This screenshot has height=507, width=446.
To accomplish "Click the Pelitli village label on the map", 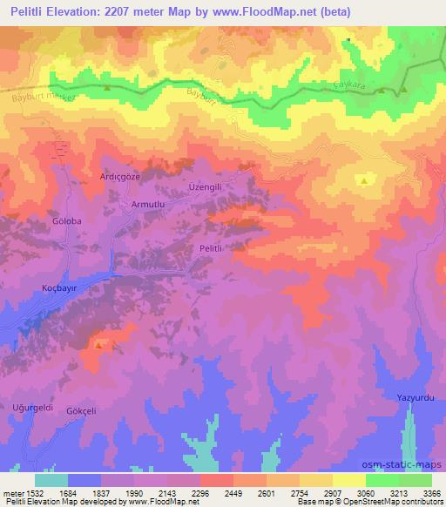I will point(213,249).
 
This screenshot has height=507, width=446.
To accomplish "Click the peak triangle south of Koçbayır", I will point(98,345).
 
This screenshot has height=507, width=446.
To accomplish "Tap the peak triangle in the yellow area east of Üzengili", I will point(362,180).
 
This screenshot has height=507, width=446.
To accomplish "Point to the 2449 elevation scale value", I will point(233,493).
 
